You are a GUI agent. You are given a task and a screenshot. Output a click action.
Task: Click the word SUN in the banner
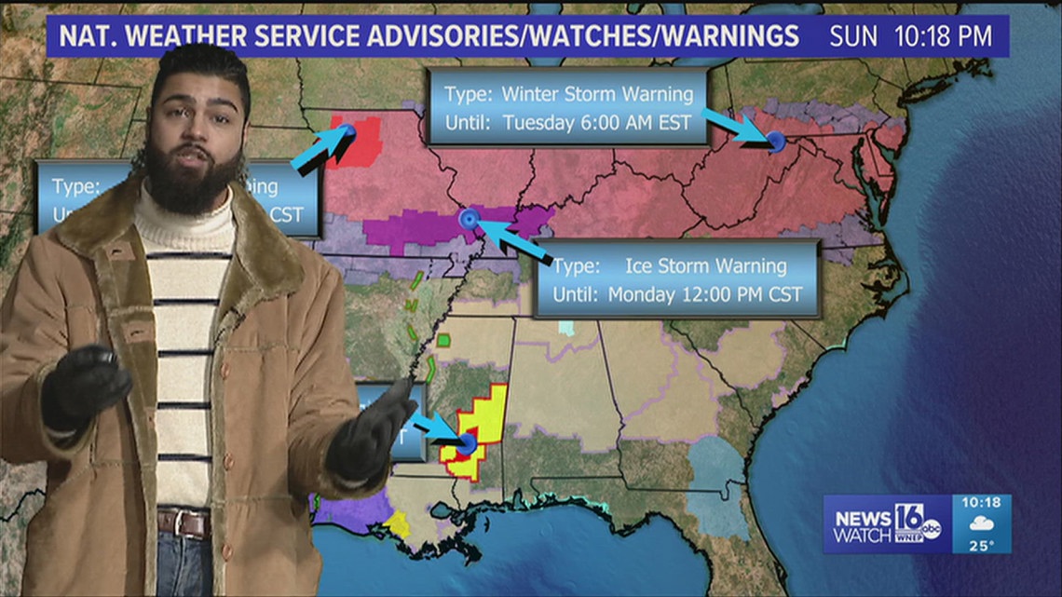(x=853, y=37)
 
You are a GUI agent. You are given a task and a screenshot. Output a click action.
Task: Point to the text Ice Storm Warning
(x=705, y=266)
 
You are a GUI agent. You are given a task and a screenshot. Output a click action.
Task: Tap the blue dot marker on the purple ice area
(x=469, y=219)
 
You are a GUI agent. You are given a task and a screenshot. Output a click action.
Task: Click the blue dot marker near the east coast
(x=774, y=141)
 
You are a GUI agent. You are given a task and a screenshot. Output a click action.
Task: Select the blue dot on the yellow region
(x=466, y=443)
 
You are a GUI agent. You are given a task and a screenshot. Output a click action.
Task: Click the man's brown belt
(x=183, y=522)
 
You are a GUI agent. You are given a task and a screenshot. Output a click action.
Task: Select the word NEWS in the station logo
(x=861, y=518)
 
